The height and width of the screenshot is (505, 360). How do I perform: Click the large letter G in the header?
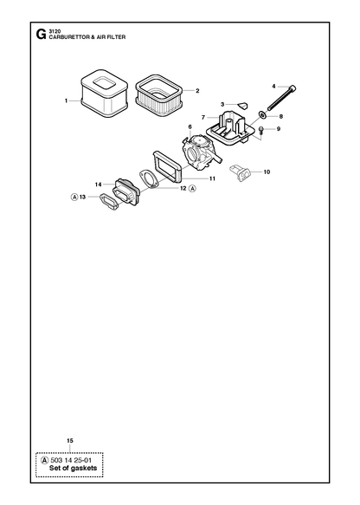click(41, 35)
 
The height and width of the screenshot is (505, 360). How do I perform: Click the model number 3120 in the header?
click(53, 31)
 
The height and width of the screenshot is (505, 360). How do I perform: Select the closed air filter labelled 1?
click(104, 94)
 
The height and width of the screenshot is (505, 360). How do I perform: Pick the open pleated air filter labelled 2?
click(159, 92)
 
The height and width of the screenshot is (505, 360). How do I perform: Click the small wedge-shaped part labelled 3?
click(243, 105)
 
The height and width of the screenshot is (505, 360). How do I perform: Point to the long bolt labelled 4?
click(281, 98)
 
